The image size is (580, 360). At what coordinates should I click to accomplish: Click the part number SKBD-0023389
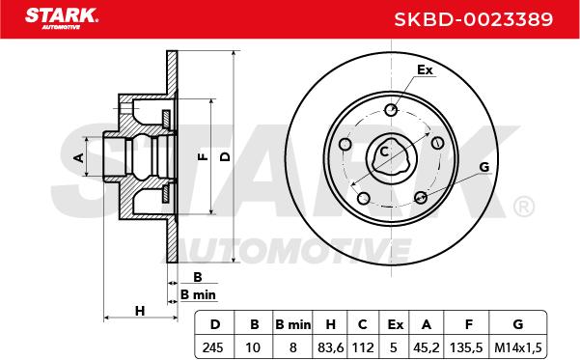pyautogui.click(x=474, y=19)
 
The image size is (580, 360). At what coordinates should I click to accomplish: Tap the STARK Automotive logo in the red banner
pyautogui.click(x=62, y=18)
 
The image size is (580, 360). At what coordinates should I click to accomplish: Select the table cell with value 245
pyautogui.click(x=213, y=347)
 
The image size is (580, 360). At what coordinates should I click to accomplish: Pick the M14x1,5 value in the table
pyautogui.click(x=518, y=347)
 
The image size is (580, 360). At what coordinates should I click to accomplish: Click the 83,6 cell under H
pyautogui.click(x=331, y=347)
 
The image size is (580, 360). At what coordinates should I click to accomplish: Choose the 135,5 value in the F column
pyautogui.click(x=466, y=347)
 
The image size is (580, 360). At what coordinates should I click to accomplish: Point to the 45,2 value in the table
pyautogui.click(x=427, y=347)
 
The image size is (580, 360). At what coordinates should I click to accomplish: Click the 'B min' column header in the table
pyautogui.click(x=293, y=324)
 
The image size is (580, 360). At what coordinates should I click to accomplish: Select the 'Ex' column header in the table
pyautogui.click(x=395, y=324)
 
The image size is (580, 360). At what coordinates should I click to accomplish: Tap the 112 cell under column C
pyautogui.click(x=363, y=347)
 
